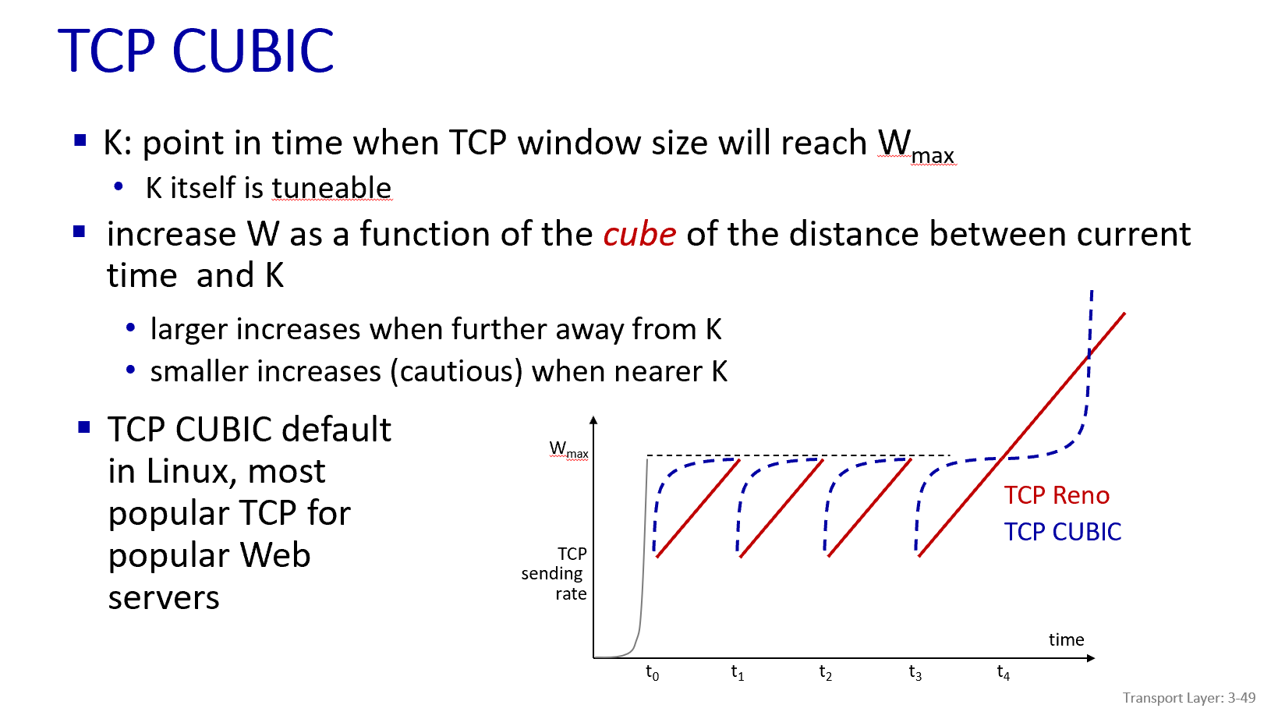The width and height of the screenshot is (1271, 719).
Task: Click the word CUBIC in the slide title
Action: [253, 51]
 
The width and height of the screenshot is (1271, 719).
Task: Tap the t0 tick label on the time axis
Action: [652, 672]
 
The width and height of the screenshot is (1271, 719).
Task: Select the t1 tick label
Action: [737, 672]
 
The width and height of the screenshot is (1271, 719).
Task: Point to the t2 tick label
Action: [825, 672]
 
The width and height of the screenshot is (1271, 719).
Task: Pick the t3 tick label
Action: [915, 672]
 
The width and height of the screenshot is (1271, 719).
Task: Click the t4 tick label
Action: [1003, 672]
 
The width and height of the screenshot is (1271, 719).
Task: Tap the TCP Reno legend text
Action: [1056, 495]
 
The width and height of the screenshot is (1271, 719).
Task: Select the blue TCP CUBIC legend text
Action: [1062, 532]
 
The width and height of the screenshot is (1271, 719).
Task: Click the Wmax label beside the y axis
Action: [568, 450]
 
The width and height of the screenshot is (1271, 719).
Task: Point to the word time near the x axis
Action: [1066, 639]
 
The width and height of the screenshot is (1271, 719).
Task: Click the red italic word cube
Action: [639, 235]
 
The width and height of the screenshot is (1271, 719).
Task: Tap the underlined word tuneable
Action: [331, 188]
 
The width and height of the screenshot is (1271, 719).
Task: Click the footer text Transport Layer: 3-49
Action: [1188, 698]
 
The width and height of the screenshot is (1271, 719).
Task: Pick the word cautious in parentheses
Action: [459, 372]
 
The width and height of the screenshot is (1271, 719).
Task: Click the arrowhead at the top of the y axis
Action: [593, 420]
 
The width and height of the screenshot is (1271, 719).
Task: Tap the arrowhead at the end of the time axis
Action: [1091, 658]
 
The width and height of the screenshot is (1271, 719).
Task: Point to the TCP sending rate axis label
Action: [554, 574]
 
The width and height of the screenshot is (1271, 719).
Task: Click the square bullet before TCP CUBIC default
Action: [84, 427]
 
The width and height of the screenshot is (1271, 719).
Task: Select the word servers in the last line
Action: [164, 598]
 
